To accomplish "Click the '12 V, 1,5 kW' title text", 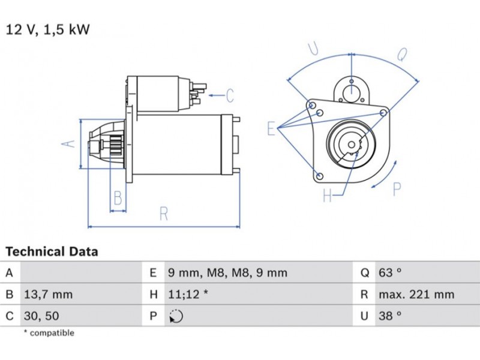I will click(47, 29).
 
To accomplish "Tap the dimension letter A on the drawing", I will click(70, 143).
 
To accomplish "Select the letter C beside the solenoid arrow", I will click(230, 95).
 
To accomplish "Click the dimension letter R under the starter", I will click(164, 214).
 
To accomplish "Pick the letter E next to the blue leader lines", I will click(272, 128).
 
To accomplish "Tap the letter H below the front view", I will click(327, 195).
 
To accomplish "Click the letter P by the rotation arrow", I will click(397, 189).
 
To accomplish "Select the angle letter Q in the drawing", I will click(402, 56).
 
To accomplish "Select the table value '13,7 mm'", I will click(48, 295).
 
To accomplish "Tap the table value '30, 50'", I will click(41, 316).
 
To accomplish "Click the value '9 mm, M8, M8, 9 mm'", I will click(227, 273).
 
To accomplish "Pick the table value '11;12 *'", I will click(188, 295).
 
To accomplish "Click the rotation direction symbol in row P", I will click(176, 316).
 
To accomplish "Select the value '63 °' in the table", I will click(390, 273).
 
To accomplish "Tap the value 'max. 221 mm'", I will click(416, 295).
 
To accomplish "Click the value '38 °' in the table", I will click(390, 316).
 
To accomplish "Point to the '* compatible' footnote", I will click(49, 333).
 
